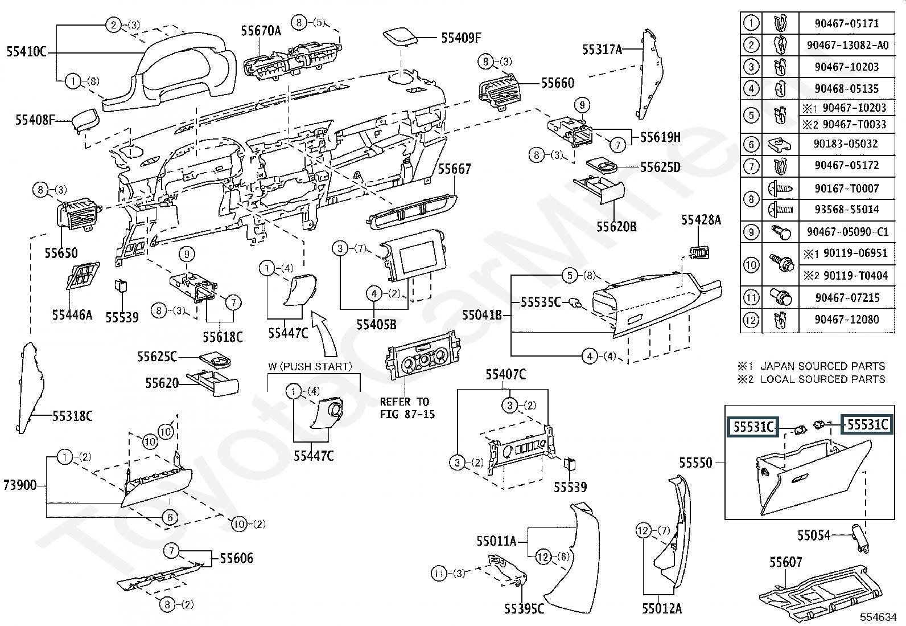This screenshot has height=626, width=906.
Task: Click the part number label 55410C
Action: click(x=26, y=52)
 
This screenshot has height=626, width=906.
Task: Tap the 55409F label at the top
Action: click(x=461, y=38)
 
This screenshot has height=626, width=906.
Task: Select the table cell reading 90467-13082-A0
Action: click(x=847, y=44)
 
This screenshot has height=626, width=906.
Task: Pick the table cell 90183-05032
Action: click(x=846, y=144)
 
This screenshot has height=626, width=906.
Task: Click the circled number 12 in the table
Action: click(x=751, y=320)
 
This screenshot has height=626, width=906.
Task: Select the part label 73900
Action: click(x=20, y=485)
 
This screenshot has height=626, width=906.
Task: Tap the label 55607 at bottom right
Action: click(x=786, y=562)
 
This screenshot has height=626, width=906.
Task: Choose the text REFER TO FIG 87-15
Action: click(x=407, y=408)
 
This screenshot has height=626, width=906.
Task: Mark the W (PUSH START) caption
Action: click(x=310, y=366)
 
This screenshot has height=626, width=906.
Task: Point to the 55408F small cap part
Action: click(x=84, y=120)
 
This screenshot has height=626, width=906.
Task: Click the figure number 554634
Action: click(x=878, y=617)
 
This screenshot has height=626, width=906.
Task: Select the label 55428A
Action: click(x=701, y=220)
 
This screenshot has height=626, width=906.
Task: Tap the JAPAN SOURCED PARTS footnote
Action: click(x=822, y=366)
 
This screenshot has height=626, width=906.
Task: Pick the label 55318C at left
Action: click(x=72, y=416)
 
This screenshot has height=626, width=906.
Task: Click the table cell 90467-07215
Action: click(x=846, y=297)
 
